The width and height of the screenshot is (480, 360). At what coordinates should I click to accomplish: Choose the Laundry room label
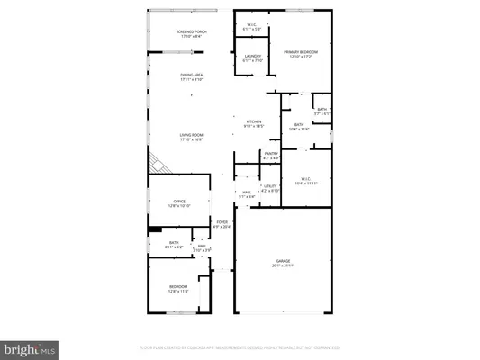click(253, 58)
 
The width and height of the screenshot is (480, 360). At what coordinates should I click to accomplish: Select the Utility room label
click(269, 188)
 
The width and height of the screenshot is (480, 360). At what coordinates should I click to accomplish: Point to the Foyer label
click(222, 225)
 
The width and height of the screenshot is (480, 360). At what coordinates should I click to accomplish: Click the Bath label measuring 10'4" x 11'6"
click(299, 128)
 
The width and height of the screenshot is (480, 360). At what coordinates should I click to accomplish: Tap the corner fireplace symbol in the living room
click(159, 165)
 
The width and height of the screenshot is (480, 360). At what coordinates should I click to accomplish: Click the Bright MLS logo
click(30, 347)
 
